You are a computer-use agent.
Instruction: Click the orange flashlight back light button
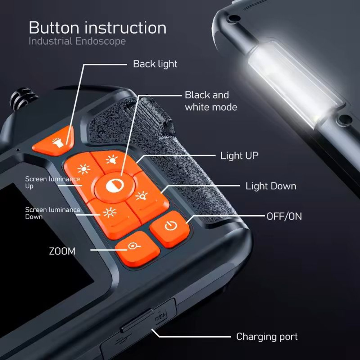click(x=54, y=142)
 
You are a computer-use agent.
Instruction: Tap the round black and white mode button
click(x=115, y=185)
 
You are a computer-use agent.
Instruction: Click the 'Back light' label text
click(x=155, y=64)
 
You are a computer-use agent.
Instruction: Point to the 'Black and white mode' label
click(x=211, y=101)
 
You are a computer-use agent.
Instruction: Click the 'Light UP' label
click(x=239, y=156)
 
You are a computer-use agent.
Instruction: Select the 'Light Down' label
click(x=271, y=186)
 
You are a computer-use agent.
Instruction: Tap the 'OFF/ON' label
click(x=284, y=216)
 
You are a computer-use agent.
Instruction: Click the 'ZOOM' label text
click(x=62, y=251)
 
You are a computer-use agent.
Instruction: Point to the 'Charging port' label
click(x=267, y=337)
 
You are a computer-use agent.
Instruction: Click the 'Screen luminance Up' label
click(x=52, y=182)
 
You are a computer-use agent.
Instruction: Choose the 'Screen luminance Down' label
click(x=52, y=213)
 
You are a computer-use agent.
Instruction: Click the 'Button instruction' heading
click(x=98, y=28)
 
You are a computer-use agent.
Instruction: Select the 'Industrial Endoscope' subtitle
click(x=77, y=41)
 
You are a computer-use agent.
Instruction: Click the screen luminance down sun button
click(x=109, y=213)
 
